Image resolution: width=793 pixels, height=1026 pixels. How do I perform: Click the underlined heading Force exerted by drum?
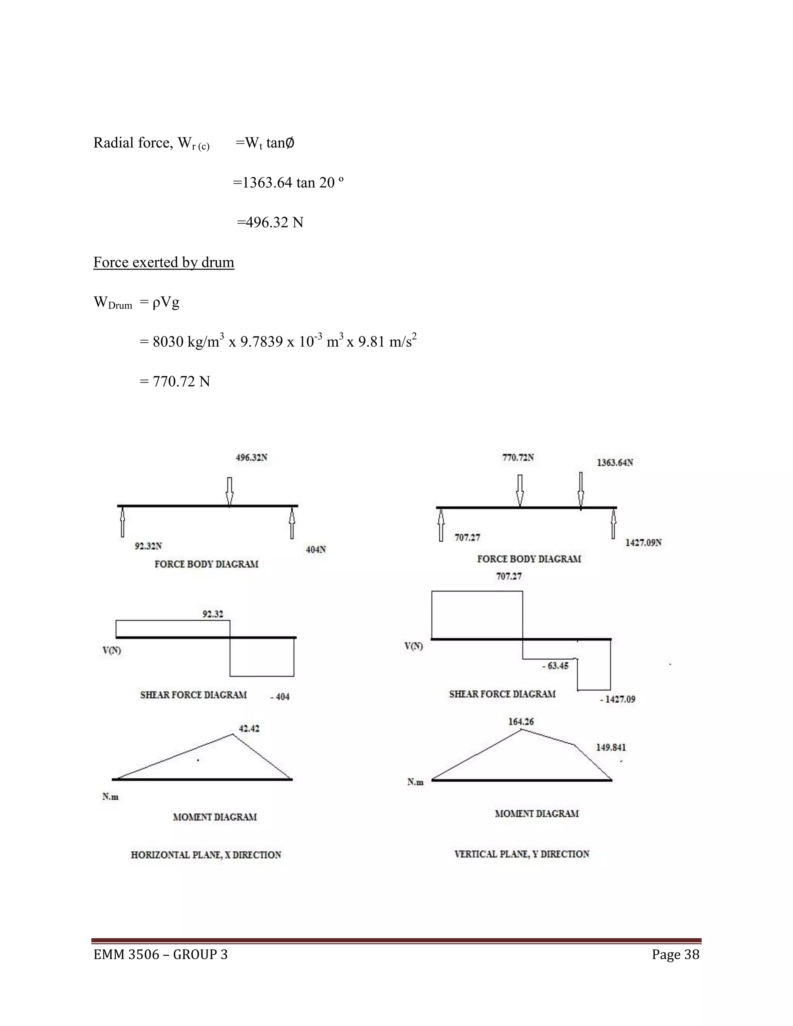click(x=163, y=262)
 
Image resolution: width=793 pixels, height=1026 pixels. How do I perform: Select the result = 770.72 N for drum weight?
click(x=175, y=381)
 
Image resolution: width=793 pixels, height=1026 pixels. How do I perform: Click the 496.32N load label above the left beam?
click(x=251, y=458)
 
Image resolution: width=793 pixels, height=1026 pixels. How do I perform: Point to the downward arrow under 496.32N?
click(x=229, y=491)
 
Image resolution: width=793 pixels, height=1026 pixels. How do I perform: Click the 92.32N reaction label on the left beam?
click(x=148, y=546)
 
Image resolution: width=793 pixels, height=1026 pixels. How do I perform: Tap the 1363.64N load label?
click(x=614, y=463)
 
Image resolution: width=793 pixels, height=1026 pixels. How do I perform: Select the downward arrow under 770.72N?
click(x=520, y=490)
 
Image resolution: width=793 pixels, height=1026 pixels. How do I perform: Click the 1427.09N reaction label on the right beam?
click(x=643, y=542)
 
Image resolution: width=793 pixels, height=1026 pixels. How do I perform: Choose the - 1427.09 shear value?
click(x=617, y=699)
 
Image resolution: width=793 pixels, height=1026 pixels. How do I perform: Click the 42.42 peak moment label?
click(x=249, y=729)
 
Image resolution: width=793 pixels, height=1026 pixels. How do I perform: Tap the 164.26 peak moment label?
click(x=521, y=722)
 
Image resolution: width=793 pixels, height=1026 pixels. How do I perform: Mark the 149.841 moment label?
click(x=611, y=747)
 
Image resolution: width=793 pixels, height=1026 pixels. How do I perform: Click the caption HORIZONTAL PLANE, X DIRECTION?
click(x=206, y=855)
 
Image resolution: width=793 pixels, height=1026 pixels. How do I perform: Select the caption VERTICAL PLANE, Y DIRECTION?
click(x=522, y=854)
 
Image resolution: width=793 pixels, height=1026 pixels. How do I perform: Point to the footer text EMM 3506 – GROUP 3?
click(x=160, y=955)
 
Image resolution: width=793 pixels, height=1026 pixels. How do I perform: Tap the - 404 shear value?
click(x=280, y=697)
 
